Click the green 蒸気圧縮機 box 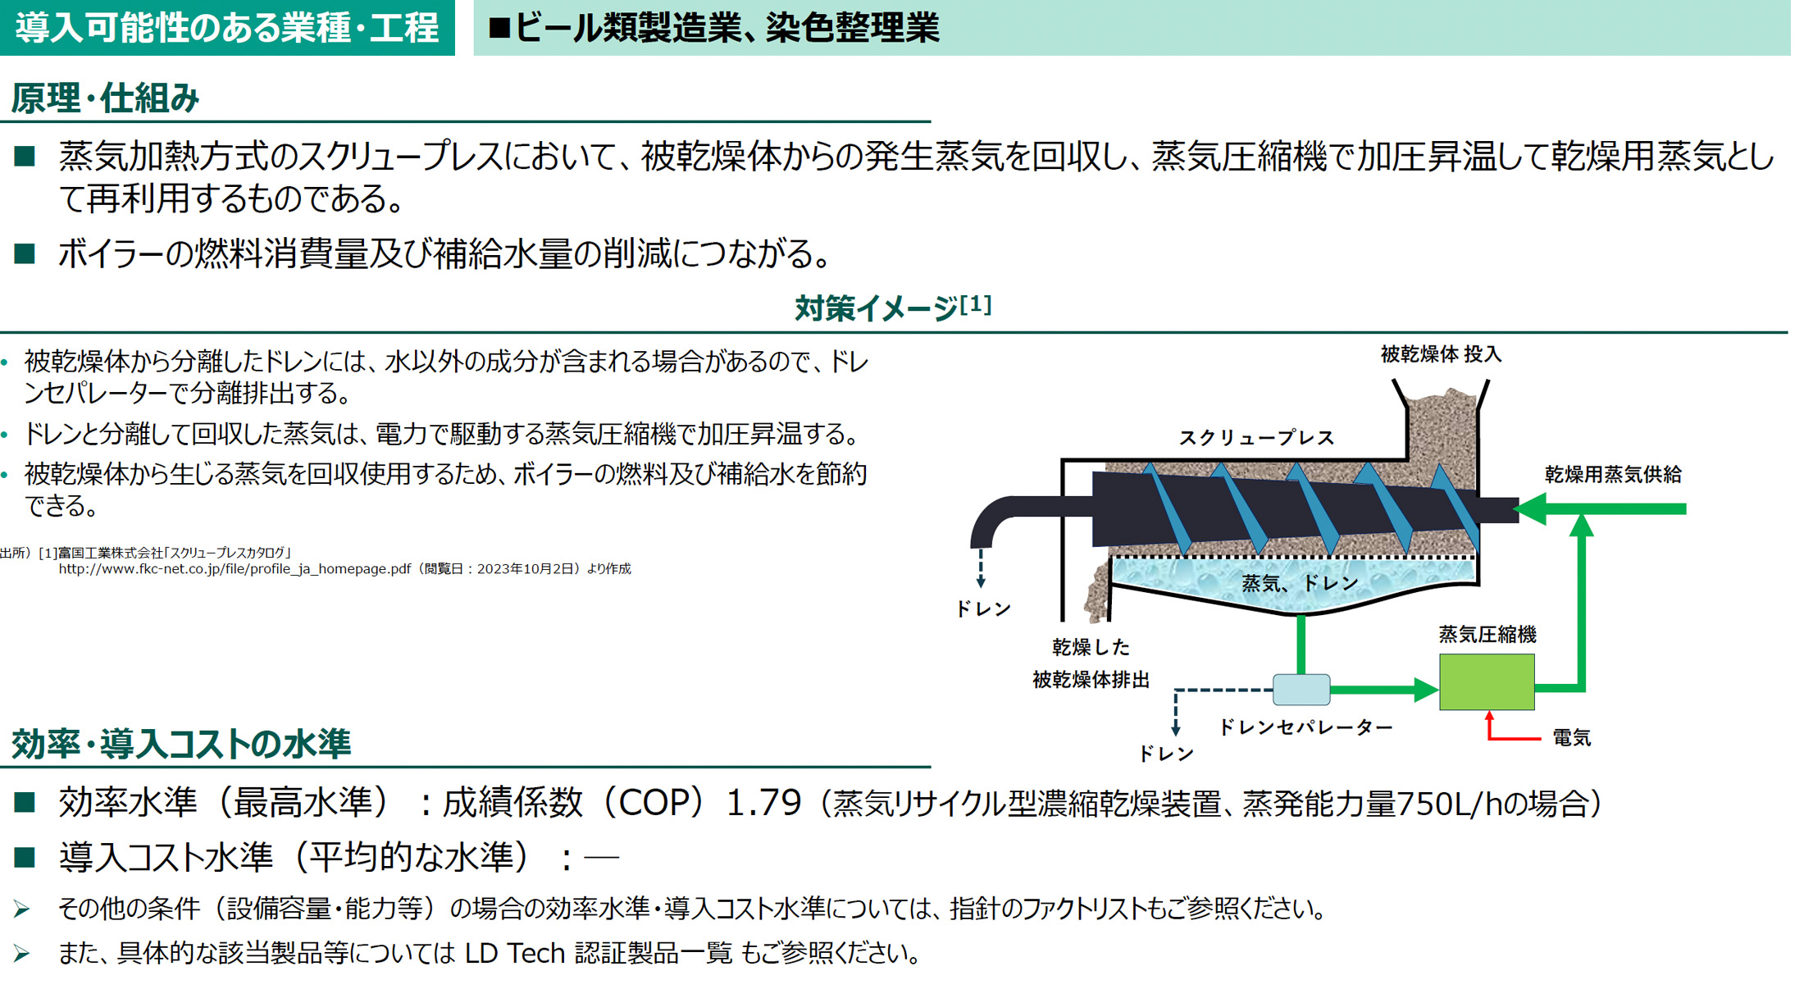(1486, 681)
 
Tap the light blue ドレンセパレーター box (1301, 690)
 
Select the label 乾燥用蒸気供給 (1612, 474)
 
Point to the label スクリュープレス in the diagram (1256, 437)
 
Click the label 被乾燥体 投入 (1441, 354)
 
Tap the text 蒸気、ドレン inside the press (1300, 583)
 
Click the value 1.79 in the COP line (763, 802)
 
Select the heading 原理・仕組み (106, 98)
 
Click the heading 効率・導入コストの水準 (181, 743)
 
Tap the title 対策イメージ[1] (893, 308)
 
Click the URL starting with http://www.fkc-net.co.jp (234, 568)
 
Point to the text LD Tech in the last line (515, 953)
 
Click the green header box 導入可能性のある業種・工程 (227, 28)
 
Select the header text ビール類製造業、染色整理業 (726, 28)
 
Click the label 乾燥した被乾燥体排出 (1090, 663)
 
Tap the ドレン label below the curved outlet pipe (982, 608)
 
